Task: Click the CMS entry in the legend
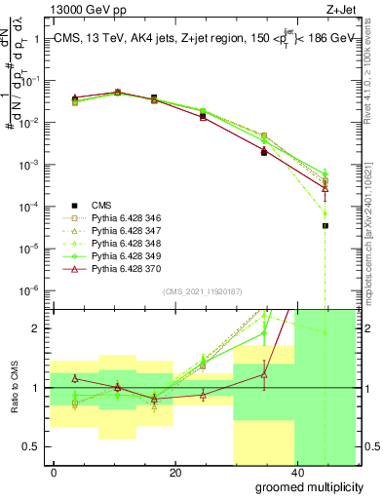[x=101, y=205]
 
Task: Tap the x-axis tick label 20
[x=174, y=473]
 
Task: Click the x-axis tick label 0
[x=54, y=473]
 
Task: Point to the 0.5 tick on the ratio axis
[x=31, y=447]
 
